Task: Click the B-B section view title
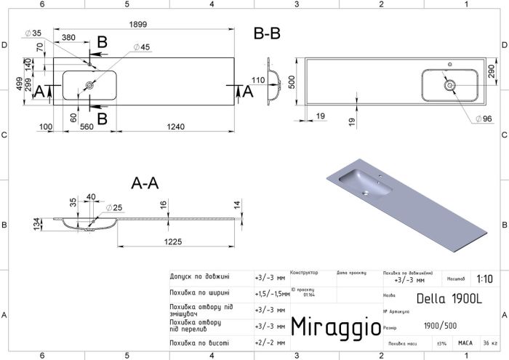(x=267, y=33)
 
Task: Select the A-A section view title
(x=144, y=185)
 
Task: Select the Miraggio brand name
(x=334, y=327)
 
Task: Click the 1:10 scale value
(x=484, y=279)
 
